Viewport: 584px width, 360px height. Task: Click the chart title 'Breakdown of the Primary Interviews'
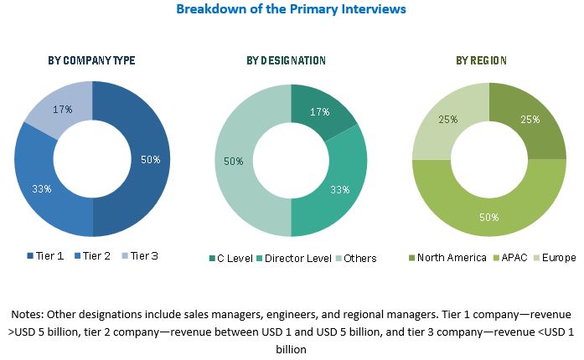291,9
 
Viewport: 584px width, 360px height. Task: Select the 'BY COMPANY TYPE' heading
92,60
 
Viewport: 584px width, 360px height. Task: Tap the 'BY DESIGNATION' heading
286,60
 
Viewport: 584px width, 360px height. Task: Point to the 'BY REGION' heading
482,60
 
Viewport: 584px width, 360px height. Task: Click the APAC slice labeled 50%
488,218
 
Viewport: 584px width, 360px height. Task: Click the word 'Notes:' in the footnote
28,314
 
